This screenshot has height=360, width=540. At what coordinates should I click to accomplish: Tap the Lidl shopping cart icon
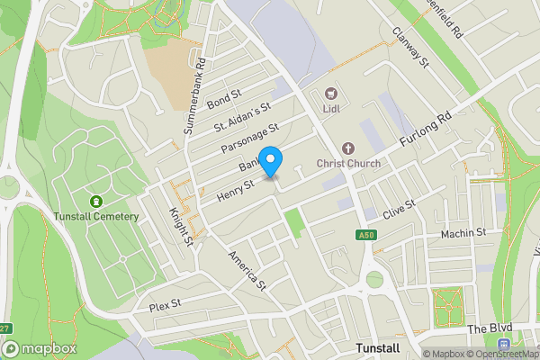[x=330, y=93]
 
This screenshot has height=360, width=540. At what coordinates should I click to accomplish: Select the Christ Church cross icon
[x=348, y=148]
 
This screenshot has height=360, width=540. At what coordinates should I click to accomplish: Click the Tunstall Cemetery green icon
[x=97, y=201]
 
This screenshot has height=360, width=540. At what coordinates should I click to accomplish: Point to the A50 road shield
[x=365, y=235]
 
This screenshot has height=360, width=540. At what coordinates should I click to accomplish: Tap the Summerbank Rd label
[x=195, y=96]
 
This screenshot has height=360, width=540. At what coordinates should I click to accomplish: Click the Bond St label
[x=225, y=98]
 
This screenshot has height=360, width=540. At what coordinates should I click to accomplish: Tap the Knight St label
[x=181, y=227]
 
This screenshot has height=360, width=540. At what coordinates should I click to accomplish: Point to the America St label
[x=248, y=270]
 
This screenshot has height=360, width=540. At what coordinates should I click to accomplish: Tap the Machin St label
[x=463, y=234]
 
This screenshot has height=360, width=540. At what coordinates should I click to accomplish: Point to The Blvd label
[x=487, y=330]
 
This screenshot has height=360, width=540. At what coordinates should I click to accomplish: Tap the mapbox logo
[x=39, y=348]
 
